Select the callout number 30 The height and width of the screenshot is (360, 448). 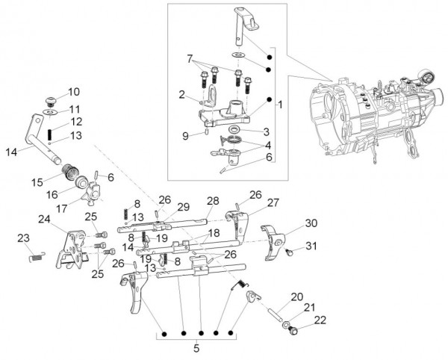coord(311,222)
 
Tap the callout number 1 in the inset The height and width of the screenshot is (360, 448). coord(279,105)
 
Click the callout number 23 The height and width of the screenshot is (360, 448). coord(22,238)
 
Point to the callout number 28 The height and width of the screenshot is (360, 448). coord(213,201)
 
